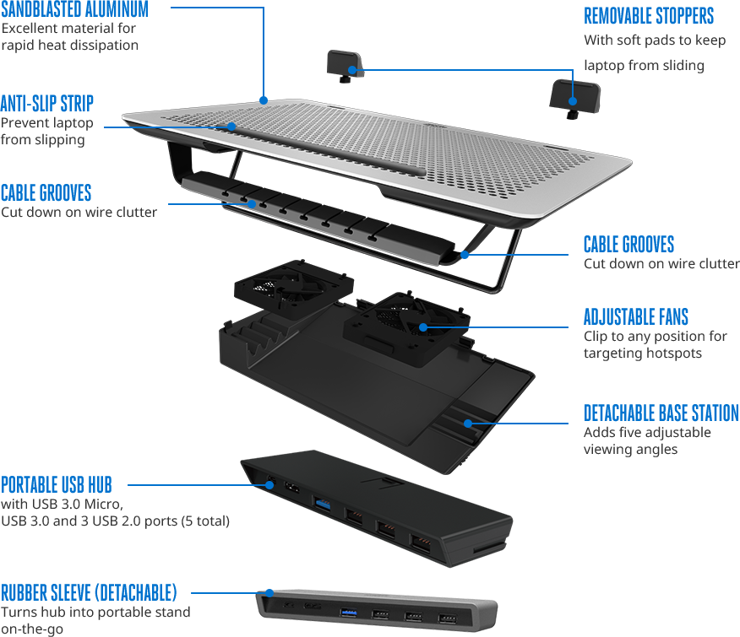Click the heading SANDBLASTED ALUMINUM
click(x=74, y=9)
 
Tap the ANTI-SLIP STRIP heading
click(x=47, y=103)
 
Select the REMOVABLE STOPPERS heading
click(x=649, y=16)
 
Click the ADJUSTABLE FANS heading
click(x=636, y=317)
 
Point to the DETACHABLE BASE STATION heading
click(x=661, y=413)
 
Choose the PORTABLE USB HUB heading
click(x=57, y=484)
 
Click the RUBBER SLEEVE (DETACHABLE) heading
click(x=89, y=592)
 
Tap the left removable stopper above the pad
click(x=345, y=66)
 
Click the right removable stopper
click(x=574, y=99)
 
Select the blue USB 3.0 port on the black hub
click(x=322, y=505)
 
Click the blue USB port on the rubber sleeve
click(x=348, y=612)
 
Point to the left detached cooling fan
click(x=293, y=288)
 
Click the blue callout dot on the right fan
click(x=423, y=327)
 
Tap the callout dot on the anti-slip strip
click(x=231, y=127)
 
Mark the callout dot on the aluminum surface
click(x=264, y=100)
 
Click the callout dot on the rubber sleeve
click(x=269, y=592)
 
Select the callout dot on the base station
click(x=468, y=424)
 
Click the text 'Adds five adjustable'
click(x=647, y=432)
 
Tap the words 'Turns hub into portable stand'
click(x=95, y=612)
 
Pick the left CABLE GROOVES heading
click(x=46, y=193)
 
